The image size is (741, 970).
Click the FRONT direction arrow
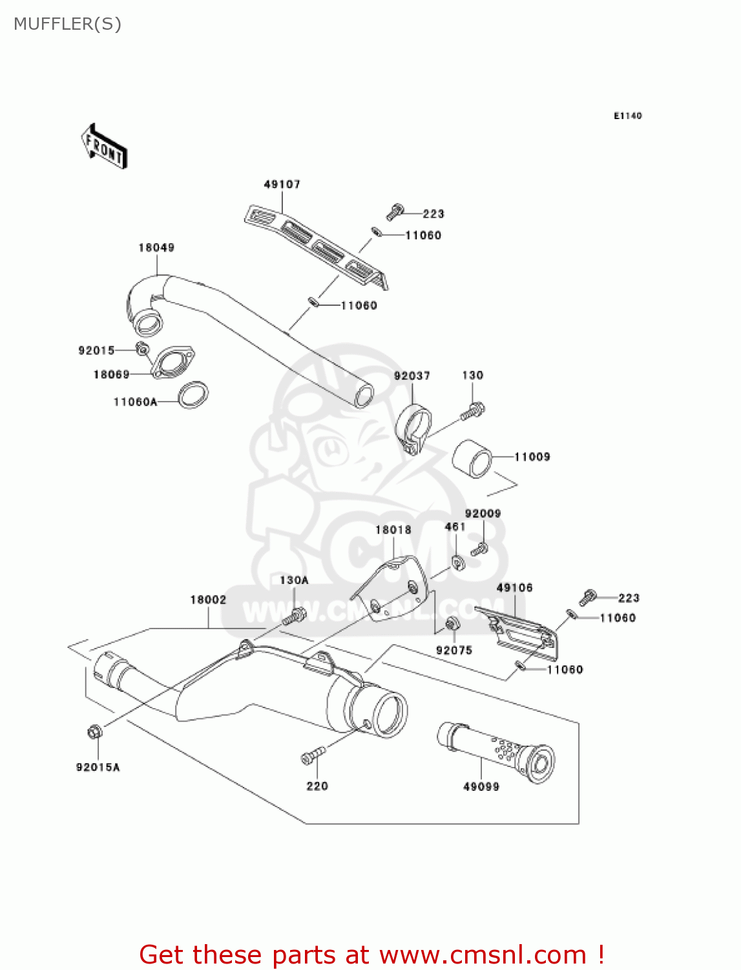103,146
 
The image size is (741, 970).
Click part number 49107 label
282,184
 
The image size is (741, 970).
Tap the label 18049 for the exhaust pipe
156,248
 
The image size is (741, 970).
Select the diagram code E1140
627,116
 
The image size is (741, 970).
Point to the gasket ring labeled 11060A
193,394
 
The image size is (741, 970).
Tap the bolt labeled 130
474,410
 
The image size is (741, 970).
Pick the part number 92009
483,513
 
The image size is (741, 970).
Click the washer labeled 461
458,562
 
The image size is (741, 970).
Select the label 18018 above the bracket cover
393,530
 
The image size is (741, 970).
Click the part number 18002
208,600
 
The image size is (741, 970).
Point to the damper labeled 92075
452,624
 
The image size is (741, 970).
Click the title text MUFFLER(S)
67,24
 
